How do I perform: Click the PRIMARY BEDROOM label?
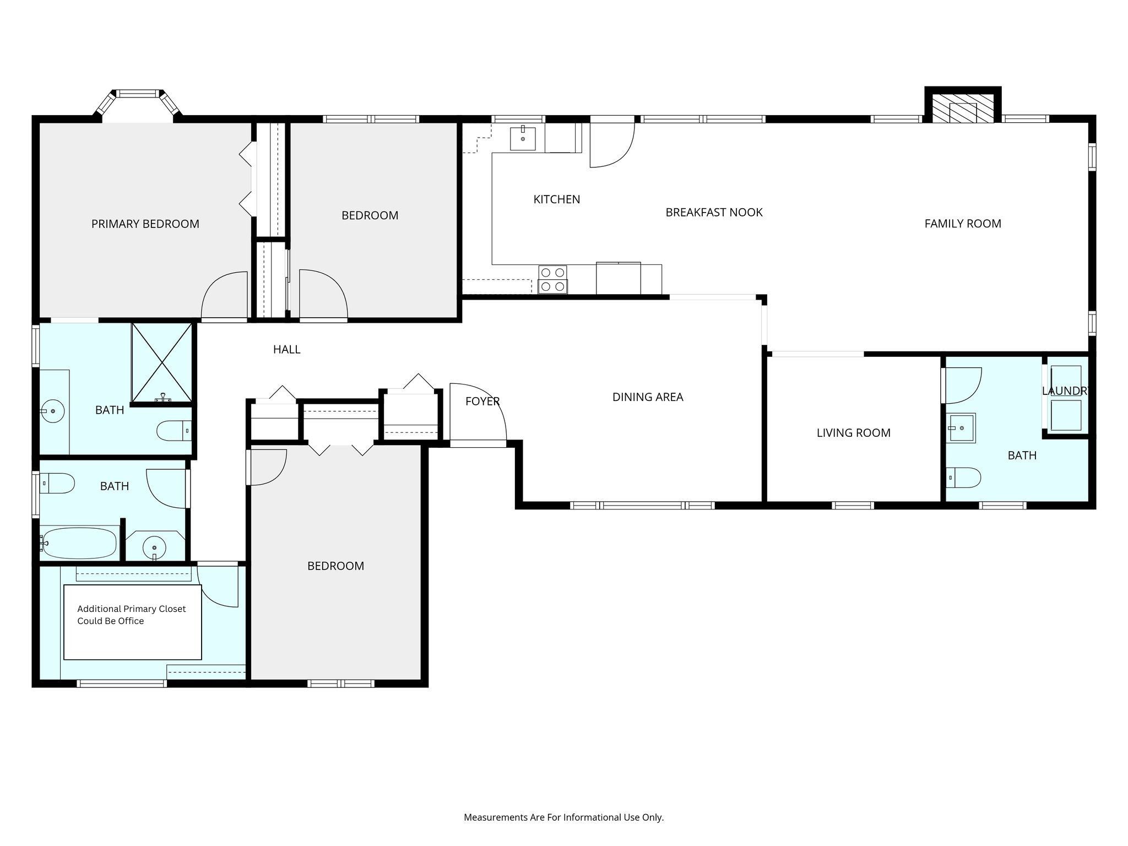145,224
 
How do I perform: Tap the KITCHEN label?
557,199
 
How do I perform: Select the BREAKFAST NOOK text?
714,212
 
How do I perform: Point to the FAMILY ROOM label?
963,224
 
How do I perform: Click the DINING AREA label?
648,397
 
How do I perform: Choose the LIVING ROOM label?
854,433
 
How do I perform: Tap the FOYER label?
482,402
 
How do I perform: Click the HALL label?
287,349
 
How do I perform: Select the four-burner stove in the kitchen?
553,279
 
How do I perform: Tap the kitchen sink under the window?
523,138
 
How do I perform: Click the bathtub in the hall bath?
79,543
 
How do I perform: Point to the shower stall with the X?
162,362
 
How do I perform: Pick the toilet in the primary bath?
174,431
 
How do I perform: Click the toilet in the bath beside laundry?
964,478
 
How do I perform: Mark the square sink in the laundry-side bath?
962,428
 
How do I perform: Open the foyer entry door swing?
478,411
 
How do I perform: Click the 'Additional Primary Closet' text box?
133,622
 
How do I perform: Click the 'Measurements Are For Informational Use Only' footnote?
564,817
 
